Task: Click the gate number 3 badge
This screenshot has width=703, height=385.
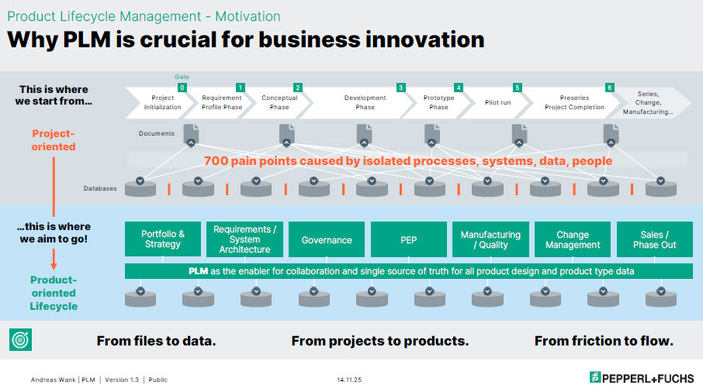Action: tap(401, 88)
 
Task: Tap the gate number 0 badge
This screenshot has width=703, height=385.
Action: tap(182, 88)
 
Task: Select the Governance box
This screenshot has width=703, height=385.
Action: tap(327, 239)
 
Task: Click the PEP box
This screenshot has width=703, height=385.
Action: tap(408, 239)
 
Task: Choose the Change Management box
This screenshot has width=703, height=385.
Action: tap(573, 239)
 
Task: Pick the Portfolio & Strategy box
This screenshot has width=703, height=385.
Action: tap(163, 239)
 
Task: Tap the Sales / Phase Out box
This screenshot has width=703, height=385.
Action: tap(655, 239)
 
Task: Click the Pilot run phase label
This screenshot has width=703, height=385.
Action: tap(497, 102)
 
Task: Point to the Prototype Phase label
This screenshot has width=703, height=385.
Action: tap(438, 102)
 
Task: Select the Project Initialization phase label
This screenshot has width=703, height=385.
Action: tap(162, 102)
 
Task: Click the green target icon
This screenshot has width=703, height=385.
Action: tap(21, 340)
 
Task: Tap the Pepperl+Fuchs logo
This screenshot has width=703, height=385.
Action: tap(642, 377)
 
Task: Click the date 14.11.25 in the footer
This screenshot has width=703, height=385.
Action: tap(349, 380)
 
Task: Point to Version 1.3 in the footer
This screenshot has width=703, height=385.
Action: tap(122, 380)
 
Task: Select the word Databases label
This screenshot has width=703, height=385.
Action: tap(100, 188)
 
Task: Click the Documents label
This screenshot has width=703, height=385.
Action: tap(157, 133)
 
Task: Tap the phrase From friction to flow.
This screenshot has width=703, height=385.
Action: tap(604, 341)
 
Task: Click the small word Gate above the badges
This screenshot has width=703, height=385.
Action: tap(182, 77)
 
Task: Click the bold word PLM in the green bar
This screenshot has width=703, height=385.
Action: tap(198, 271)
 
